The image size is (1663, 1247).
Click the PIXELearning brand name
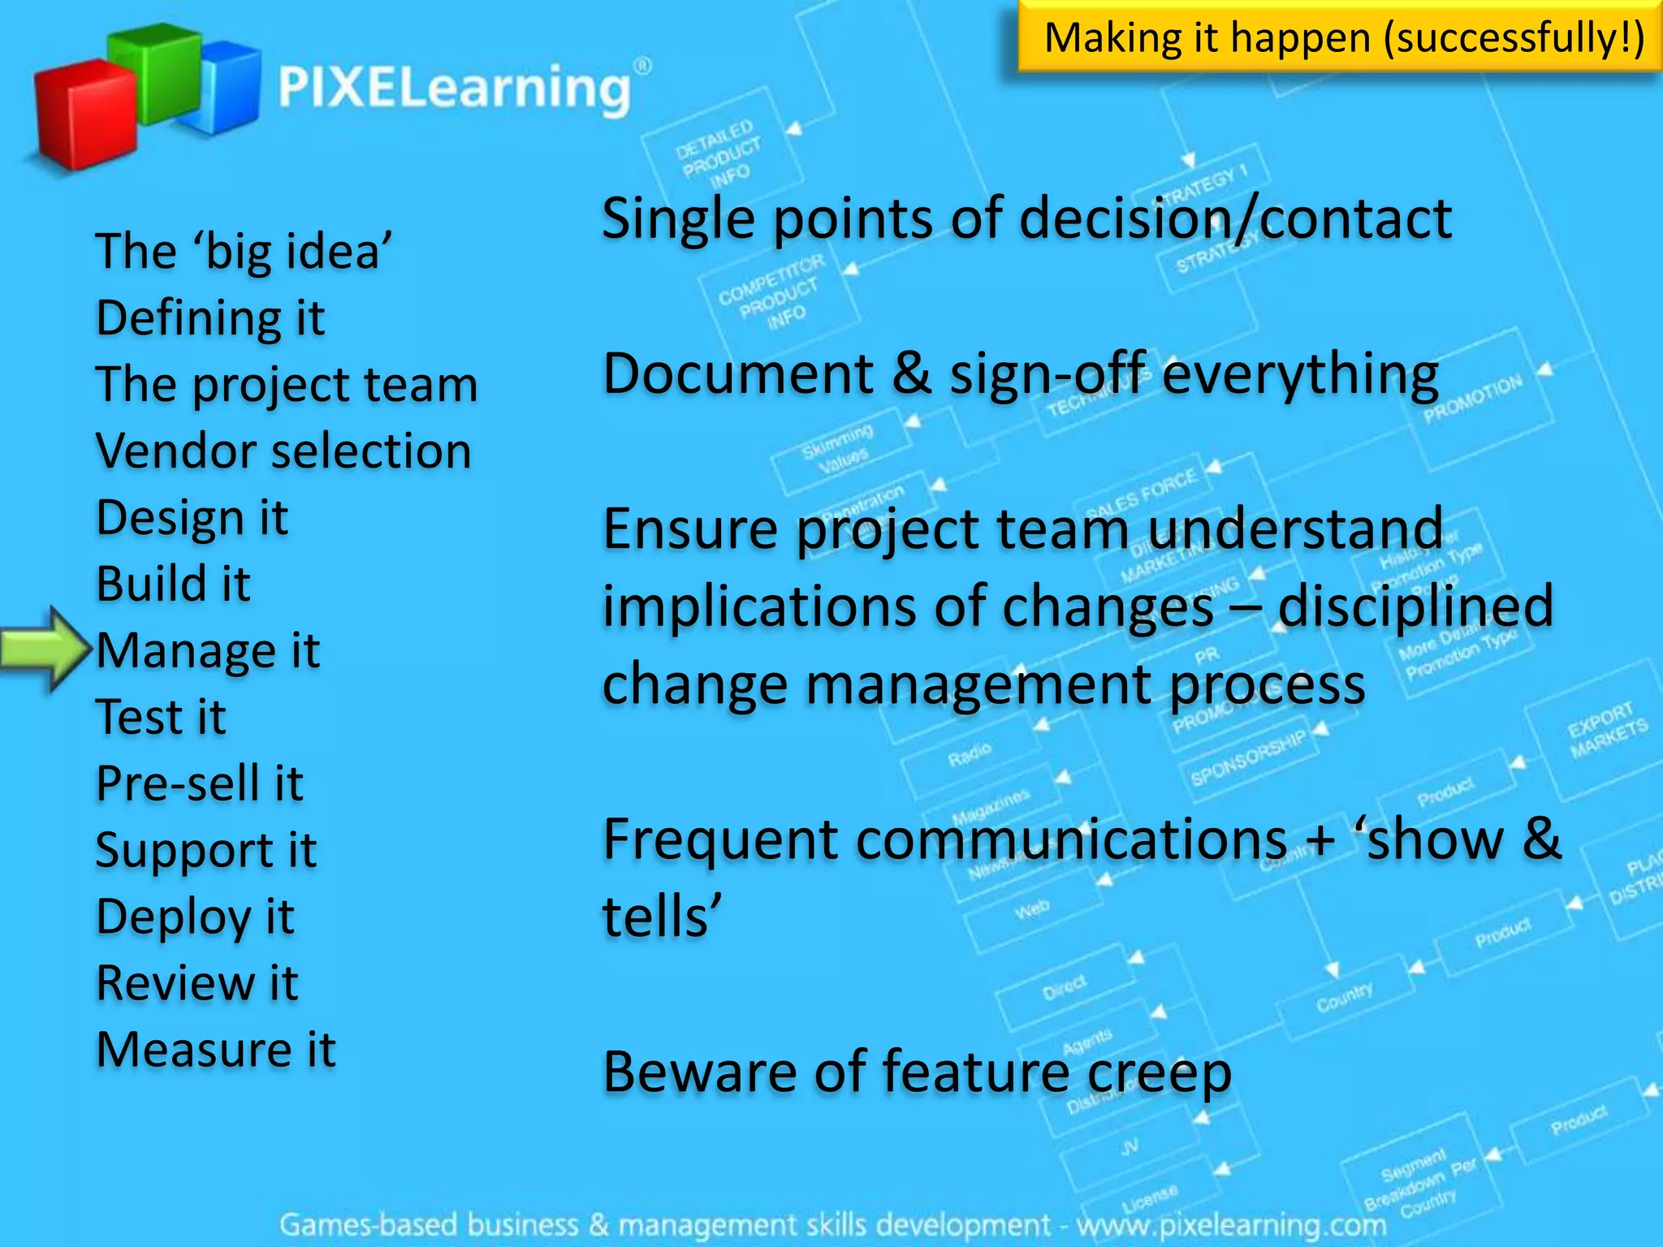(x=455, y=88)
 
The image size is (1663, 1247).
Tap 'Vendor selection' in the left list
(x=283, y=451)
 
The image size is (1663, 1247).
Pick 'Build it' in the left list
(x=173, y=584)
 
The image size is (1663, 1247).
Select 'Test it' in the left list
(x=161, y=717)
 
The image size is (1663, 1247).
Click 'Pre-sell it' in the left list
(x=200, y=783)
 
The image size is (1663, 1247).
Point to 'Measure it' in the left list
(x=215, y=1050)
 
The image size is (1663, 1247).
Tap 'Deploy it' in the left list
(x=195, y=917)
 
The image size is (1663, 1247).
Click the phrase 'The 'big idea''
(x=244, y=251)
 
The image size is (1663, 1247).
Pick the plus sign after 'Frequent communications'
(x=1321, y=839)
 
